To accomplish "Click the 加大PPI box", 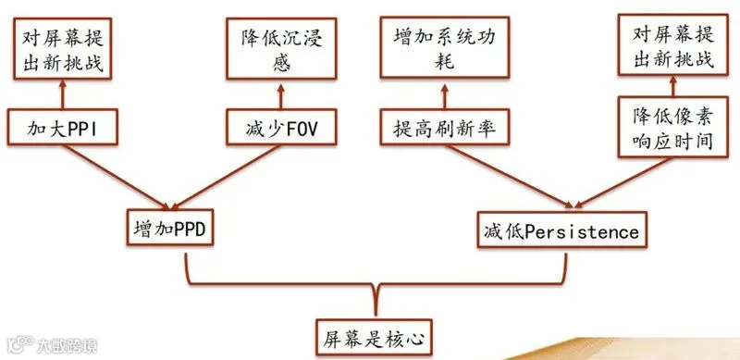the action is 62,127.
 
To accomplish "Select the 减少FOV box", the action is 281,127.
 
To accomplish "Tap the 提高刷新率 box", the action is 445,127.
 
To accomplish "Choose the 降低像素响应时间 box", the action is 673,127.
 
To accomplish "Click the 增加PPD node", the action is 170,228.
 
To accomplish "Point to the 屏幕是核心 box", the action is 374,337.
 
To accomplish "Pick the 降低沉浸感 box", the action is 281,48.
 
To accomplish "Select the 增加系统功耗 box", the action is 445,47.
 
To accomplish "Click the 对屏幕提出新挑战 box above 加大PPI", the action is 62,48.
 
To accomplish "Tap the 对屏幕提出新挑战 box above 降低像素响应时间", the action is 673,44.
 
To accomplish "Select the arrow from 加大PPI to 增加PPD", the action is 117,177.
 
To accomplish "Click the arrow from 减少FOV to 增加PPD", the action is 226,177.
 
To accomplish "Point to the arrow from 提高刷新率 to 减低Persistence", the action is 509,176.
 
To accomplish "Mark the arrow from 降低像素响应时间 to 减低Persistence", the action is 623,183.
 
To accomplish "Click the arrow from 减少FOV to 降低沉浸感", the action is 281,96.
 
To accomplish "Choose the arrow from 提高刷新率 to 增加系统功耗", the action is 445,96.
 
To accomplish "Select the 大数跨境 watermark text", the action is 67,346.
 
